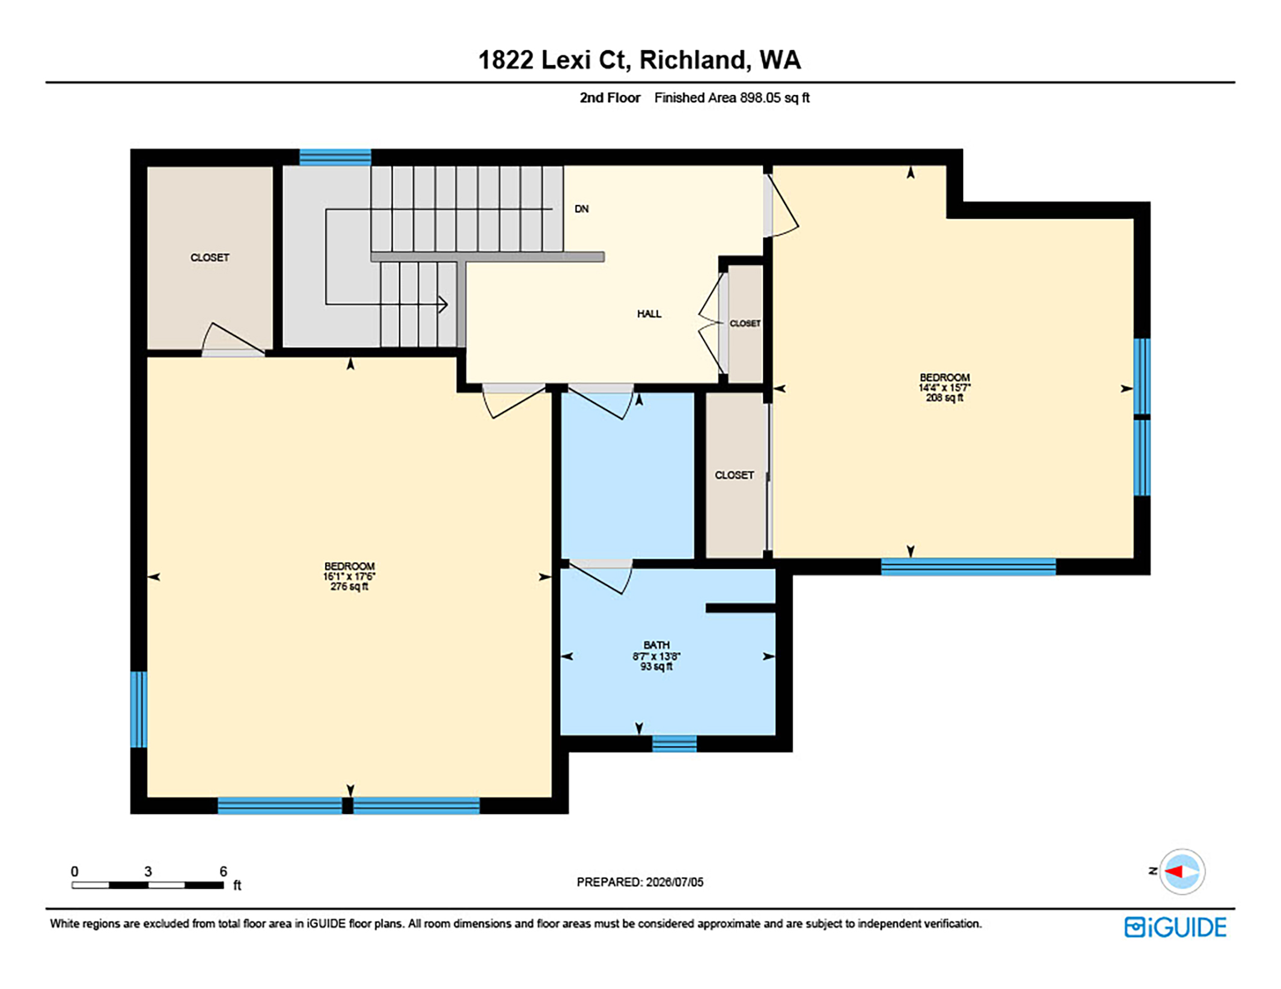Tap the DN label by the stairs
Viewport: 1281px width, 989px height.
(581, 209)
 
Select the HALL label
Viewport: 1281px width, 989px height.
(649, 314)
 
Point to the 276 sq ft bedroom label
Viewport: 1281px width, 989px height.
(349, 576)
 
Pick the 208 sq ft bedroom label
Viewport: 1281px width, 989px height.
(944, 388)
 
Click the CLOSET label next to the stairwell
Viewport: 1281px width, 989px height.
(210, 258)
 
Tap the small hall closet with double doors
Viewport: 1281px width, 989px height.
(745, 323)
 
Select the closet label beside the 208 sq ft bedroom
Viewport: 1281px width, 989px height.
(734, 475)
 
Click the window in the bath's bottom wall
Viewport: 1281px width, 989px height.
(674, 743)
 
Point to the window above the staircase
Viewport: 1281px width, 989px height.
(335, 157)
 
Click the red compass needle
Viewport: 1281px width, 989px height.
(1175, 871)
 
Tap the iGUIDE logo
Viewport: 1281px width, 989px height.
(1175, 927)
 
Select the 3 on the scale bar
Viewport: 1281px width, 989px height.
(148, 871)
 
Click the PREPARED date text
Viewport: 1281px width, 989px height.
(640, 882)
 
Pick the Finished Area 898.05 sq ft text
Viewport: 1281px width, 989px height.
(732, 98)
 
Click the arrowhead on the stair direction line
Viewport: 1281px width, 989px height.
(444, 304)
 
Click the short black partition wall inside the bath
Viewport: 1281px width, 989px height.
(741, 608)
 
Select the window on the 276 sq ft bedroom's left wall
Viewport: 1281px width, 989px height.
(139, 709)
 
